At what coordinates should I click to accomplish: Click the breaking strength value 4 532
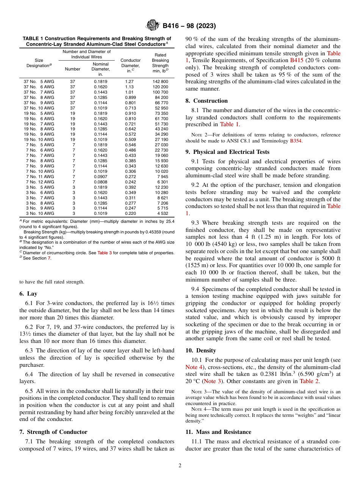162,214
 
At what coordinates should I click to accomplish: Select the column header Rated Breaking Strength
160,63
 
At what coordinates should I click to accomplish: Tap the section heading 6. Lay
28,294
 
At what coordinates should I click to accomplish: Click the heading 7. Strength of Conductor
53,432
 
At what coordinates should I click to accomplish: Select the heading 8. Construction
207,101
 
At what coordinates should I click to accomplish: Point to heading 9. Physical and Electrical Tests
227,152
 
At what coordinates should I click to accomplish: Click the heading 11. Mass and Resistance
218,432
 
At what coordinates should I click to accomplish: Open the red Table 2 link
309,381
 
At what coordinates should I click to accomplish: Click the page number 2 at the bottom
180,466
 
